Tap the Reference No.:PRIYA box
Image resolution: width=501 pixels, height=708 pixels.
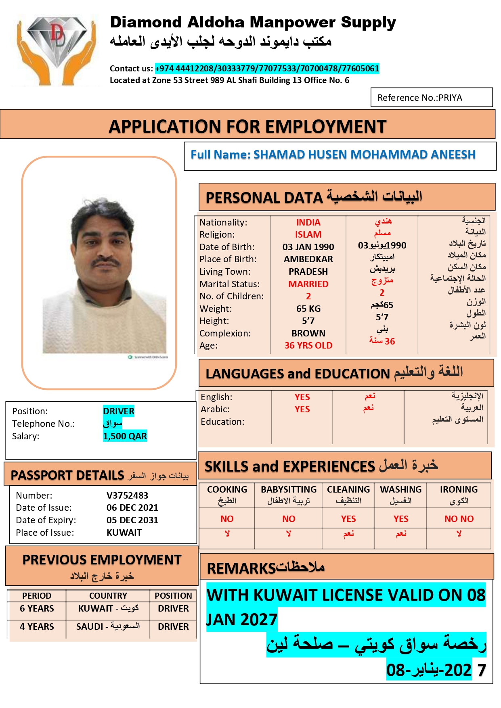pyautogui.click(x=431, y=98)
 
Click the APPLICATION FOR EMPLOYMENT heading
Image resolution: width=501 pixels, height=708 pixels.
pyautogui.click(x=247, y=127)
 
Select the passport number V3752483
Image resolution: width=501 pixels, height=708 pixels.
pyautogui.click(x=127, y=495)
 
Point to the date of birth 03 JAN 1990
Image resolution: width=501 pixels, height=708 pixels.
pyautogui.click(x=308, y=247)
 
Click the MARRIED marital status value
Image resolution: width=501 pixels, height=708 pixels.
pyautogui.click(x=308, y=284)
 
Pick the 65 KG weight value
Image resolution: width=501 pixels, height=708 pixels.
pyautogui.click(x=308, y=309)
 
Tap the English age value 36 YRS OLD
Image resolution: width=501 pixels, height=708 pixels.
pyautogui.click(x=308, y=345)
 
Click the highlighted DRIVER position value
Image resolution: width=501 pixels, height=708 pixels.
pyautogui.click(x=119, y=411)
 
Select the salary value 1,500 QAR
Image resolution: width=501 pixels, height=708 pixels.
pyautogui.click(x=125, y=436)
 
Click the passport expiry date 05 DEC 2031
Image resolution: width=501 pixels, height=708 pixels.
pyautogui.click(x=132, y=520)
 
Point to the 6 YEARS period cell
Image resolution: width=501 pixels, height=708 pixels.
pyautogui.click(x=37, y=608)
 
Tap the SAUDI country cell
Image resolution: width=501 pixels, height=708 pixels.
pyautogui.click(x=108, y=627)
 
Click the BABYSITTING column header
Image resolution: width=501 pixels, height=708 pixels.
pyautogui.click(x=289, y=489)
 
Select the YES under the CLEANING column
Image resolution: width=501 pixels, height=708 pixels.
pyautogui.click(x=348, y=519)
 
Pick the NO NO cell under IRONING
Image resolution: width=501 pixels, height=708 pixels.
pyautogui.click(x=459, y=519)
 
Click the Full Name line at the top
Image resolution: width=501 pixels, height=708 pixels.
pyautogui.click(x=333, y=155)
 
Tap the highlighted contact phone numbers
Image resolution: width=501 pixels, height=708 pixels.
pyautogui.click(x=267, y=69)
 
